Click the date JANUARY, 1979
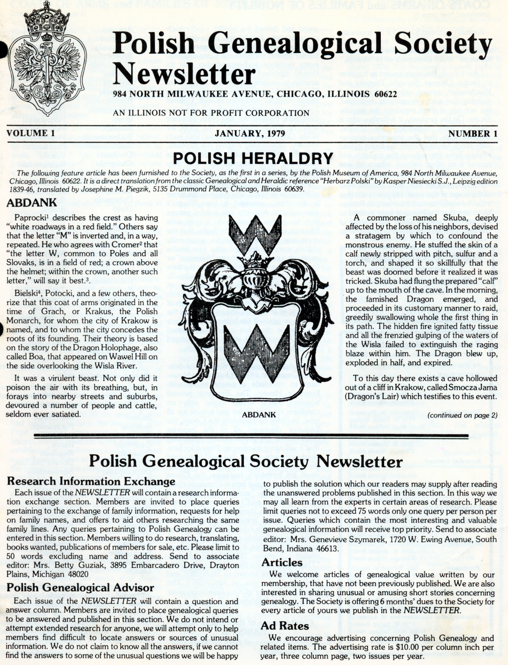point(250,133)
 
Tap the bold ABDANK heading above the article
point(32,203)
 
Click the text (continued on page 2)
point(462,415)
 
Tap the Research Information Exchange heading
point(91,481)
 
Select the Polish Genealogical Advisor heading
point(80,587)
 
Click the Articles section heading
point(282,562)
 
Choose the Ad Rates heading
point(285,625)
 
